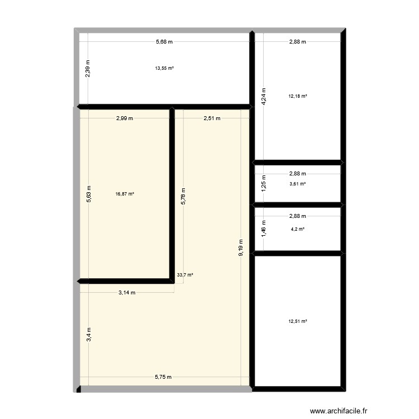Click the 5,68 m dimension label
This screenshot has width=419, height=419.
(164, 41)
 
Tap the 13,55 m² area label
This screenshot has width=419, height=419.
(164, 68)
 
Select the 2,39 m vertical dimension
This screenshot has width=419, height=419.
(88, 69)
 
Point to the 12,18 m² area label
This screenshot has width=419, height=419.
(298, 96)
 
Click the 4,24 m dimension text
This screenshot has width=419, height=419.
(264, 96)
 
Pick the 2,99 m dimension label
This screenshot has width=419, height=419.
(125, 118)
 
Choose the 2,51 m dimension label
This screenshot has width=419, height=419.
(212, 118)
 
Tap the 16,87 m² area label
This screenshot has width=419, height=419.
(125, 194)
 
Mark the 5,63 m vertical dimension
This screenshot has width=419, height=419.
(88, 194)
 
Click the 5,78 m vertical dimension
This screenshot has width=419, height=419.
(184, 196)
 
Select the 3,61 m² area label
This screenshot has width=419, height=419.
(298, 184)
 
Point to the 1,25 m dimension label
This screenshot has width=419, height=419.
(264, 184)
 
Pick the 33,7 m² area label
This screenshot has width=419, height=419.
(185, 275)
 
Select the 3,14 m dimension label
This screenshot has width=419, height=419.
(127, 292)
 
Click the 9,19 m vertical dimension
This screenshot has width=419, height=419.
(241, 246)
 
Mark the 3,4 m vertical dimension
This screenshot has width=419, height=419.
(88, 334)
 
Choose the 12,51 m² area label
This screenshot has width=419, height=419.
(298, 321)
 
